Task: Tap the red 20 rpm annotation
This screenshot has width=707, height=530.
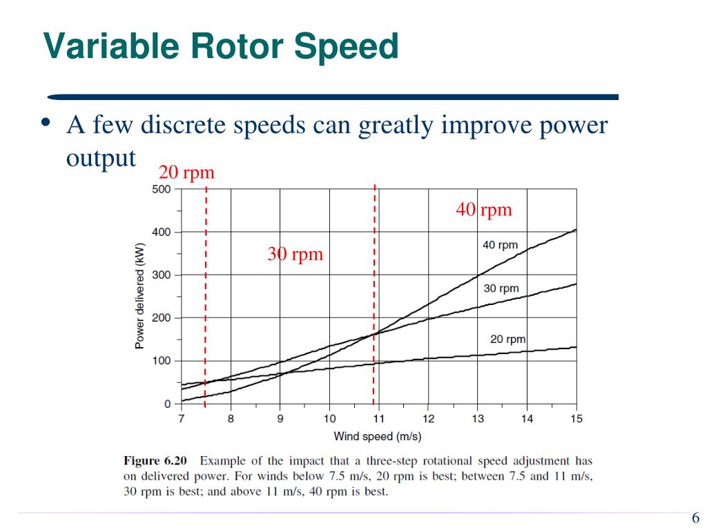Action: pyautogui.click(x=186, y=173)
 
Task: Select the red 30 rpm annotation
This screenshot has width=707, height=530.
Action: pyautogui.click(x=296, y=255)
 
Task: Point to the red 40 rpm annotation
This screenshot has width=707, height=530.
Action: pyautogui.click(x=484, y=210)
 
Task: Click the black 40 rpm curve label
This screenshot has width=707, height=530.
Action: pyautogui.click(x=500, y=246)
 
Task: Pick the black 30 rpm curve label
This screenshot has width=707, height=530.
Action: pyautogui.click(x=501, y=288)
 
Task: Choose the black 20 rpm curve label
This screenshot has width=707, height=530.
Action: pyautogui.click(x=507, y=339)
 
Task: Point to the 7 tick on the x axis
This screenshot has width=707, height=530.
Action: pyautogui.click(x=182, y=419)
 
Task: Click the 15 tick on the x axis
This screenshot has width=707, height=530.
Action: pyautogui.click(x=577, y=419)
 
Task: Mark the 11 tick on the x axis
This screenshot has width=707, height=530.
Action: pyautogui.click(x=378, y=419)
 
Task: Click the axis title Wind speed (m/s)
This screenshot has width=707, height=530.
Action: pyautogui.click(x=378, y=436)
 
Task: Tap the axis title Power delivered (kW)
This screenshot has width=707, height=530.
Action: pyautogui.click(x=139, y=295)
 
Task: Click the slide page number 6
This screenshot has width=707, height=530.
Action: pyautogui.click(x=695, y=519)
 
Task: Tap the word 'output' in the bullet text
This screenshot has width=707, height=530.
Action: pyautogui.click(x=101, y=157)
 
